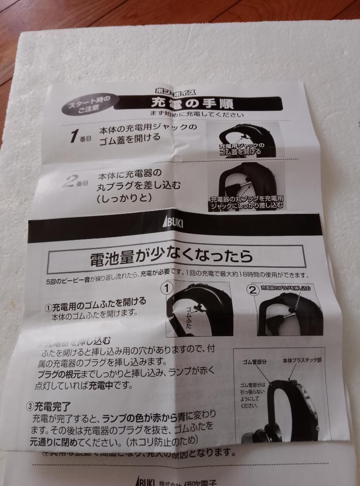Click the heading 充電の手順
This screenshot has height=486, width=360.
(x=198, y=104)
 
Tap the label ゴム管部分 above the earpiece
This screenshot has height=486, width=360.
(x=255, y=362)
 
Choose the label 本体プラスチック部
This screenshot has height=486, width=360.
(x=304, y=361)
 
